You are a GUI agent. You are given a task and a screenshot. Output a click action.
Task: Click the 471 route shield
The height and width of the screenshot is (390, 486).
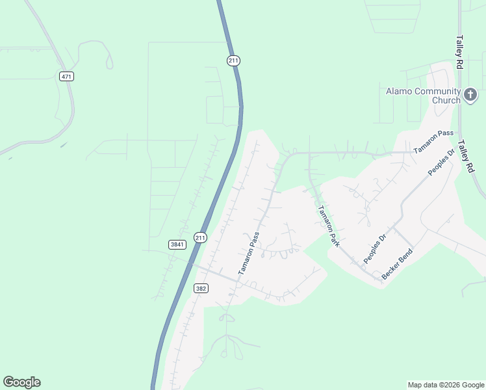[x=66, y=77]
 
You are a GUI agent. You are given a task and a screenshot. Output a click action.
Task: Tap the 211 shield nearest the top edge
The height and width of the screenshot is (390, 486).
[x=234, y=60]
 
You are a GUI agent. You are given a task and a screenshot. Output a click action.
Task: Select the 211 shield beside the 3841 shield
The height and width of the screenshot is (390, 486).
[x=200, y=238]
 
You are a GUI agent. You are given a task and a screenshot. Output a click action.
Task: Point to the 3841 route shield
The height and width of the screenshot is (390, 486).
[x=177, y=244]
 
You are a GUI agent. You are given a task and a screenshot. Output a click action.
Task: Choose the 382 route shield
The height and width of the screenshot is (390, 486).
[x=201, y=287]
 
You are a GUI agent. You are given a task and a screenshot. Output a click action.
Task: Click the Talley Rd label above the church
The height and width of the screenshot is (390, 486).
[x=459, y=52]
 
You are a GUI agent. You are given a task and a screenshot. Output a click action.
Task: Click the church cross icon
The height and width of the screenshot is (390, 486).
[x=470, y=96]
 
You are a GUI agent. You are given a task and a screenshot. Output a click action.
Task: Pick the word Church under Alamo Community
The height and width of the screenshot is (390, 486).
[x=446, y=101]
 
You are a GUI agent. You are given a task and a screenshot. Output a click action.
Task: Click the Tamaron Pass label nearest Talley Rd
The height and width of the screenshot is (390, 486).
[x=433, y=141]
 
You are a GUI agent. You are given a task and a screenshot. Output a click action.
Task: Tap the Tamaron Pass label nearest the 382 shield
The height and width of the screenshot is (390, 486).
[x=249, y=252]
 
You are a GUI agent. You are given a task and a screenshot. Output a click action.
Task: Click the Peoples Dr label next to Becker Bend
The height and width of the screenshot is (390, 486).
[x=374, y=248]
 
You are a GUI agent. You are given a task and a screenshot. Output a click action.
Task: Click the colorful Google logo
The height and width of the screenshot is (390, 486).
[x=21, y=382]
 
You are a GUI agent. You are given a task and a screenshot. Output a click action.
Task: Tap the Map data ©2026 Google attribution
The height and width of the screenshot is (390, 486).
[x=446, y=385]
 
